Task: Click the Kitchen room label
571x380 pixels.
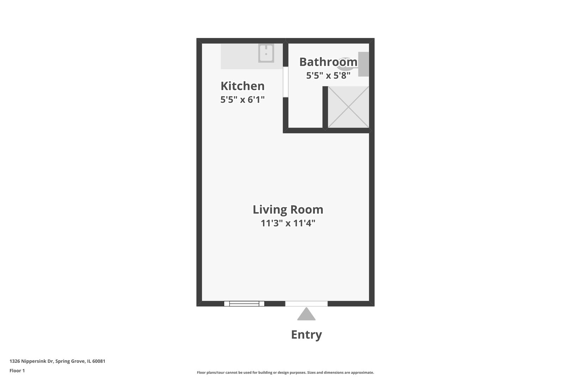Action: point(242,86)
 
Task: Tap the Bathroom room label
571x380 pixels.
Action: point(328,62)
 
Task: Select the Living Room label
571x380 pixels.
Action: point(288,210)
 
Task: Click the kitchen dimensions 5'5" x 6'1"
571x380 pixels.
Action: point(242,100)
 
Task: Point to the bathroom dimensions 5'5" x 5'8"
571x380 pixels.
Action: point(328,76)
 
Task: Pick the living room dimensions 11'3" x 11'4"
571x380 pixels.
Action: point(288,223)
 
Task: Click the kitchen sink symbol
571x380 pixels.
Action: point(266,53)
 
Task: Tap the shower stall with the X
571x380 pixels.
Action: point(348,107)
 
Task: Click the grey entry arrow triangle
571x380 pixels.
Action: point(306,315)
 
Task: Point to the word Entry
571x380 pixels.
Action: point(306,335)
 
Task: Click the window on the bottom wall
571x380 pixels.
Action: point(244,304)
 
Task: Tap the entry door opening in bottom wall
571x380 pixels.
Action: point(306,304)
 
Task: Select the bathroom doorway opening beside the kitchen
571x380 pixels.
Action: point(285,82)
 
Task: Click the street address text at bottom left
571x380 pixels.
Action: point(57,361)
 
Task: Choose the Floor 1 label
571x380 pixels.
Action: point(17,370)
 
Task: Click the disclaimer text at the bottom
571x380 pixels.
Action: point(285,373)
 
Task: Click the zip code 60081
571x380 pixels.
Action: point(99,361)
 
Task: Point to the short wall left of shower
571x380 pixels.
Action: point(325,108)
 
